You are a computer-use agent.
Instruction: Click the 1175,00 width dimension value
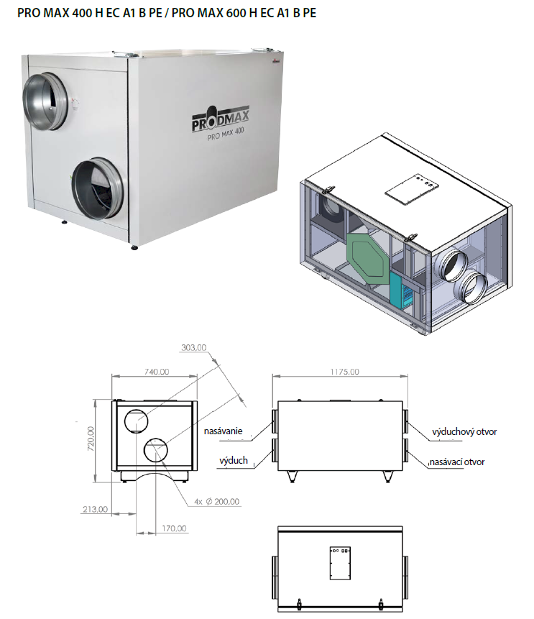tap(344, 372)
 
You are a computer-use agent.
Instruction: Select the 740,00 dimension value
tap(156, 372)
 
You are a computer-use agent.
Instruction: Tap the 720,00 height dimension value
tap(91, 439)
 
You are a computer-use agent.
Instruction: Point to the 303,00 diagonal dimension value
tap(193, 347)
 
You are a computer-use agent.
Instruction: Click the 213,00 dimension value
tap(95, 509)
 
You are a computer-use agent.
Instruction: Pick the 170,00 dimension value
tap(174, 528)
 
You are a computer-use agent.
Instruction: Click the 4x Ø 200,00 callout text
tap(216, 501)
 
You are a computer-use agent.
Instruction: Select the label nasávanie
tap(223, 431)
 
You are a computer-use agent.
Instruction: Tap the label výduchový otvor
tap(464, 431)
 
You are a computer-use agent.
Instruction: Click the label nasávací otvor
tap(456, 462)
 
